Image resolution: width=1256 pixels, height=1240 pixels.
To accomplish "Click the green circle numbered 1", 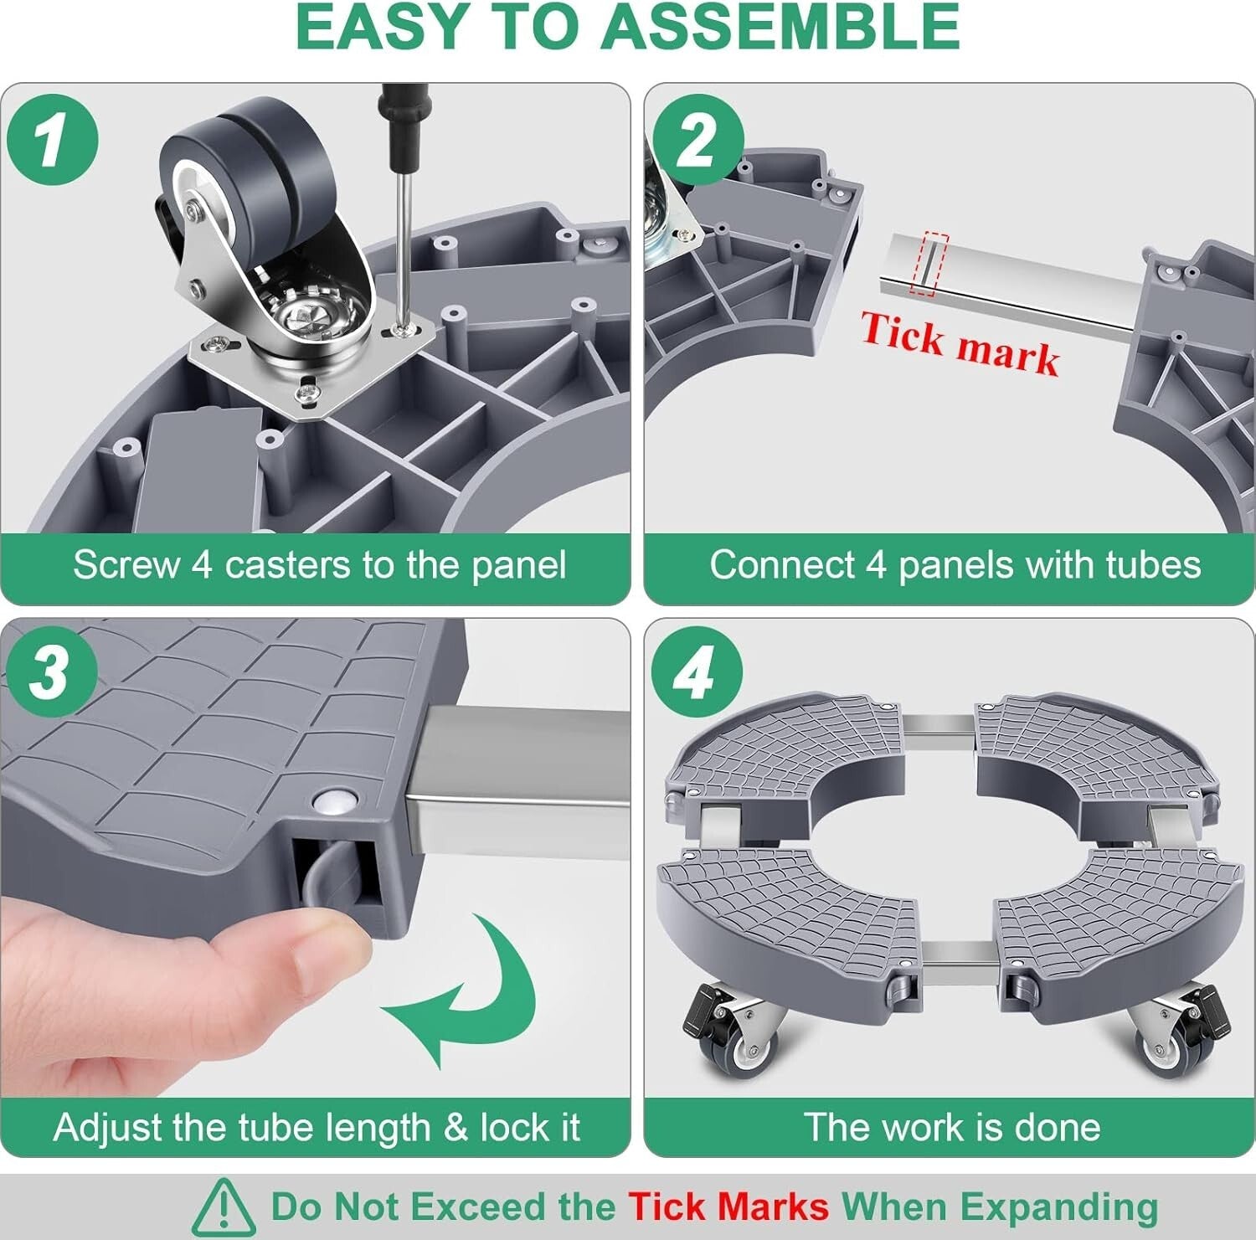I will (52, 139).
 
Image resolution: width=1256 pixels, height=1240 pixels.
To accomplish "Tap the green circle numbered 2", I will (697, 139).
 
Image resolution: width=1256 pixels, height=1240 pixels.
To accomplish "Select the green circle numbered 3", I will (50, 671).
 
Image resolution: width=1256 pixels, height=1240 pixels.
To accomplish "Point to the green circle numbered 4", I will (697, 671).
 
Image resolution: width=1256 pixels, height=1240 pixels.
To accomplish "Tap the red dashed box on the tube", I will (931, 263).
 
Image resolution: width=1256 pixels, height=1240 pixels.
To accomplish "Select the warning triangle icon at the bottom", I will (224, 1207).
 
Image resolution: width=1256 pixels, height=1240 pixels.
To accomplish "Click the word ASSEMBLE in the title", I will (780, 27).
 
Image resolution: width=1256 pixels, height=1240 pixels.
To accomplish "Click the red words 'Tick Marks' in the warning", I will (728, 1207).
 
